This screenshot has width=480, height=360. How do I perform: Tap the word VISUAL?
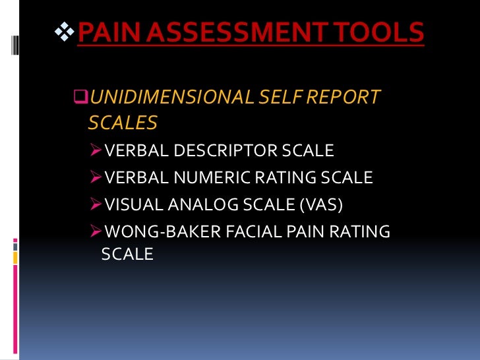coord(131,204)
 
